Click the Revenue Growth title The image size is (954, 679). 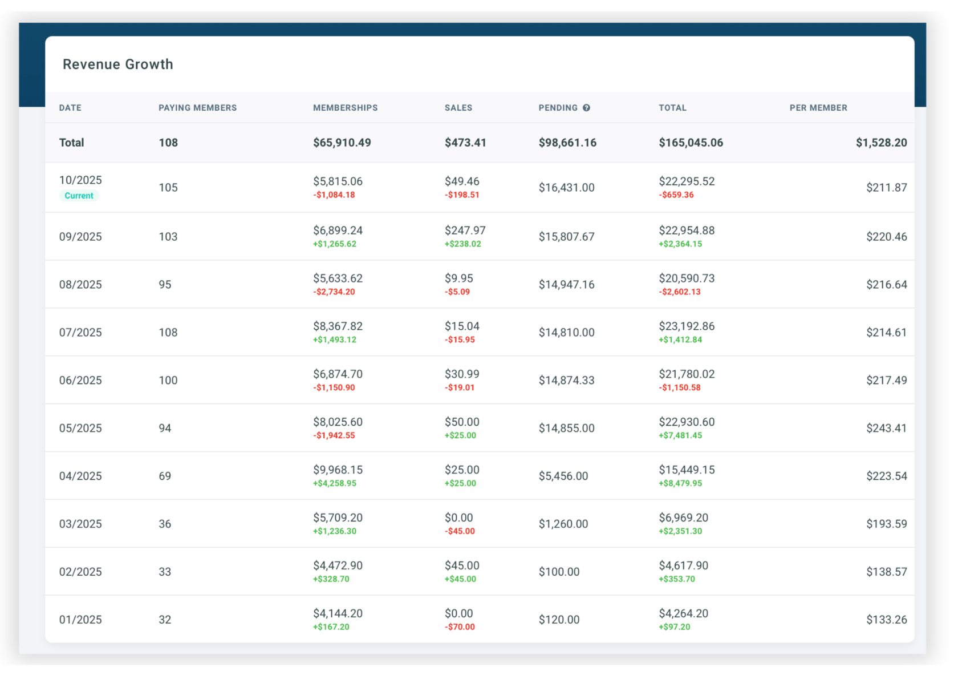click(117, 64)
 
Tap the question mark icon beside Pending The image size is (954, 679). click(586, 108)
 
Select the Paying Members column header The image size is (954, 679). click(197, 108)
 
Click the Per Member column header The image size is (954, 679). click(818, 108)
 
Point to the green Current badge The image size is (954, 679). click(79, 196)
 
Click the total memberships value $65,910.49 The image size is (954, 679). click(342, 143)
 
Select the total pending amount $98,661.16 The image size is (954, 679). click(567, 143)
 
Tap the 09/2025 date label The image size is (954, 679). click(80, 237)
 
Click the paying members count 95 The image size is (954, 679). click(165, 285)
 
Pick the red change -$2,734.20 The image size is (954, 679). click(334, 292)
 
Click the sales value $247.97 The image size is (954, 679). click(465, 231)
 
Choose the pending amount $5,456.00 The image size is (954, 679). click(563, 476)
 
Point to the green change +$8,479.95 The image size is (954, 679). click(680, 483)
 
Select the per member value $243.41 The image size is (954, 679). click(886, 428)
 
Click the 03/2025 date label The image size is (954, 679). click(80, 524)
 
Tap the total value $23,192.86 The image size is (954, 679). click(687, 326)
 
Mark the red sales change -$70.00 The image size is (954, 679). click(460, 627)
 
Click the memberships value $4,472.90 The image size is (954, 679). click(338, 565)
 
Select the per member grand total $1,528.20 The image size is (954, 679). click(881, 143)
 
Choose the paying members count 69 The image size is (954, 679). click(165, 476)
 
